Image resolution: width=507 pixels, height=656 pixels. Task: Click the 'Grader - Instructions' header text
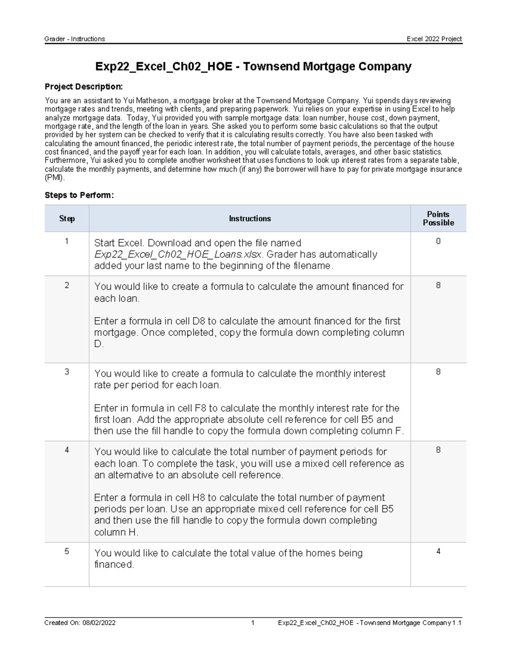[75, 39]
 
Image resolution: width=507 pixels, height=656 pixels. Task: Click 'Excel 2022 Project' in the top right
[434, 39]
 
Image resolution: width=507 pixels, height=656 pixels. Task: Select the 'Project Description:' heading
[84, 87]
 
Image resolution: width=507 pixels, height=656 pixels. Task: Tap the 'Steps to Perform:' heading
[79, 195]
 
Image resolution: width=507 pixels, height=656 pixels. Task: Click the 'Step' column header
[67, 218]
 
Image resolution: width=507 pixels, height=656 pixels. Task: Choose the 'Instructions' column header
[250, 218]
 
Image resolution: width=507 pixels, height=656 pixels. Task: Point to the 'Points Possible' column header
[438, 218]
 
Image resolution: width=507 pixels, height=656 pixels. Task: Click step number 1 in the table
[66, 241]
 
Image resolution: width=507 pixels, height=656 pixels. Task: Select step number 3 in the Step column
[66, 372]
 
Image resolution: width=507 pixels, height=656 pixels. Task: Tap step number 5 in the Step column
[66, 551]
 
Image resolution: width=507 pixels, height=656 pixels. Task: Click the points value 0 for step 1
[438, 241]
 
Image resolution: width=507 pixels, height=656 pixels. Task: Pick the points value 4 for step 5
[438, 551]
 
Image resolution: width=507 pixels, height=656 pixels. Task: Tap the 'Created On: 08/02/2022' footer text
[80, 623]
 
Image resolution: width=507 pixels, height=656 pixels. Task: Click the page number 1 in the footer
[253, 623]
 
